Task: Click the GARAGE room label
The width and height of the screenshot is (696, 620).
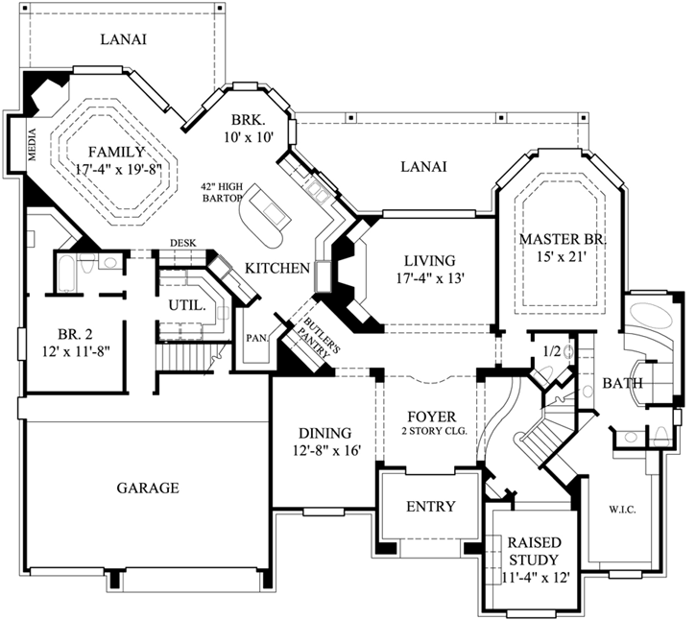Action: tap(148, 488)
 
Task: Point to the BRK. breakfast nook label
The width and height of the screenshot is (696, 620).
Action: tap(252, 120)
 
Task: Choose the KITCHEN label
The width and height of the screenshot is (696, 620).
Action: tap(276, 268)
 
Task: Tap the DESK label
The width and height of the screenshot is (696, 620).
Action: tap(182, 243)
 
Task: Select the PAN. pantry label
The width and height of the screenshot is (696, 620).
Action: tap(254, 338)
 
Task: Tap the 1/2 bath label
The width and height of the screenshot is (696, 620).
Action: tap(551, 352)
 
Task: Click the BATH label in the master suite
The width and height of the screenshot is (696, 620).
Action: tap(622, 384)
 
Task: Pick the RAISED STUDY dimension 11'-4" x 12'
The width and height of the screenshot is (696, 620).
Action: tap(536, 578)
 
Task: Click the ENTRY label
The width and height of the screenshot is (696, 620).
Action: tap(430, 507)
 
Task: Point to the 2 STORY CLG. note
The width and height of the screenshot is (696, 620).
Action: tap(434, 432)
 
